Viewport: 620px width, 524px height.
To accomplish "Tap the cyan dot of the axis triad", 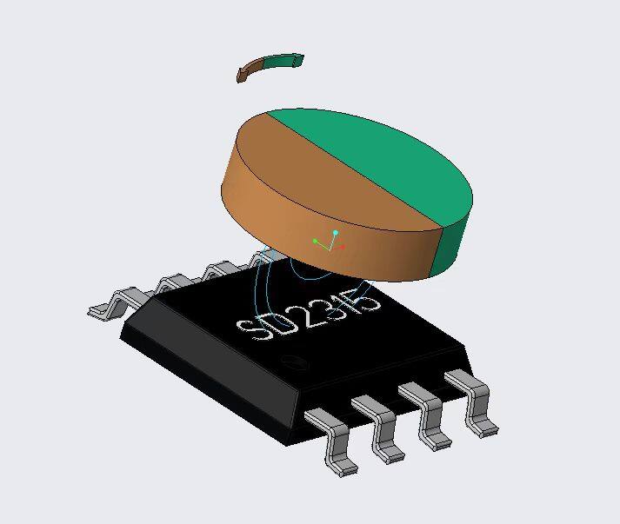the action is [x=336, y=233].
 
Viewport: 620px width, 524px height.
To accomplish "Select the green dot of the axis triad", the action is [x=315, y=241].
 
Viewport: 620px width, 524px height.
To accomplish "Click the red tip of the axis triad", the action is [x=343, y=247].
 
